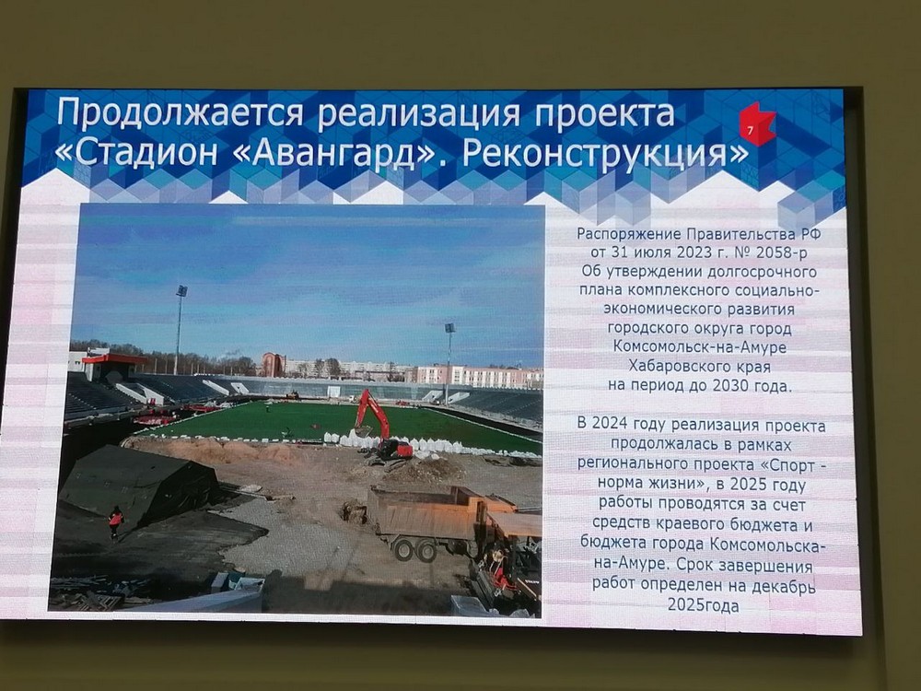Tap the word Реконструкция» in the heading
tap(604, 155)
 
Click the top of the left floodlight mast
tap(181, 290)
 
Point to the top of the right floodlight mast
tap(450, 328)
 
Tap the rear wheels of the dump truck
tap(415, 549)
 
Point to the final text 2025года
tap(703, 605)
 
